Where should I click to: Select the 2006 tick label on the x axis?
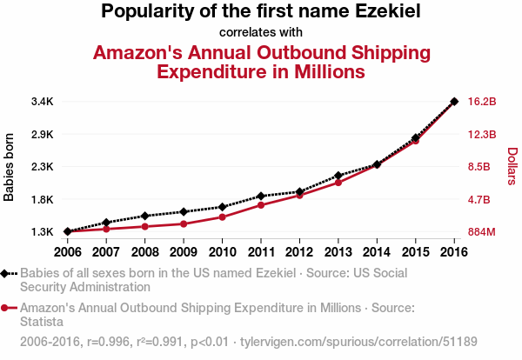click(x=67, y=252)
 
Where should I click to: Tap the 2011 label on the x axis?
click(x=260, y=252)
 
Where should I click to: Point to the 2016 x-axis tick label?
click(x=453, y=252)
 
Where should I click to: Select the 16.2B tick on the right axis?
click(x=482, y=102)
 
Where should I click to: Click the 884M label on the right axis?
click(x=482, y=232)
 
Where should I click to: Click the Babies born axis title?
click(x=10, y=167)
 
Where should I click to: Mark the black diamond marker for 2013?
click(x=338, y=176)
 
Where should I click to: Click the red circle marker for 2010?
click(x=222, y=217)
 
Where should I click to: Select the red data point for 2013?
click(x=338, y=183)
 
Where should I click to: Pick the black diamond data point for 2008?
click(x=144, y=216)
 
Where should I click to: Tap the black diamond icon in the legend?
click(x=7, y=273)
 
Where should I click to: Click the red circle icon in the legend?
click(x=7, y=308)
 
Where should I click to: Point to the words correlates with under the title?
click(x=260, y=33)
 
